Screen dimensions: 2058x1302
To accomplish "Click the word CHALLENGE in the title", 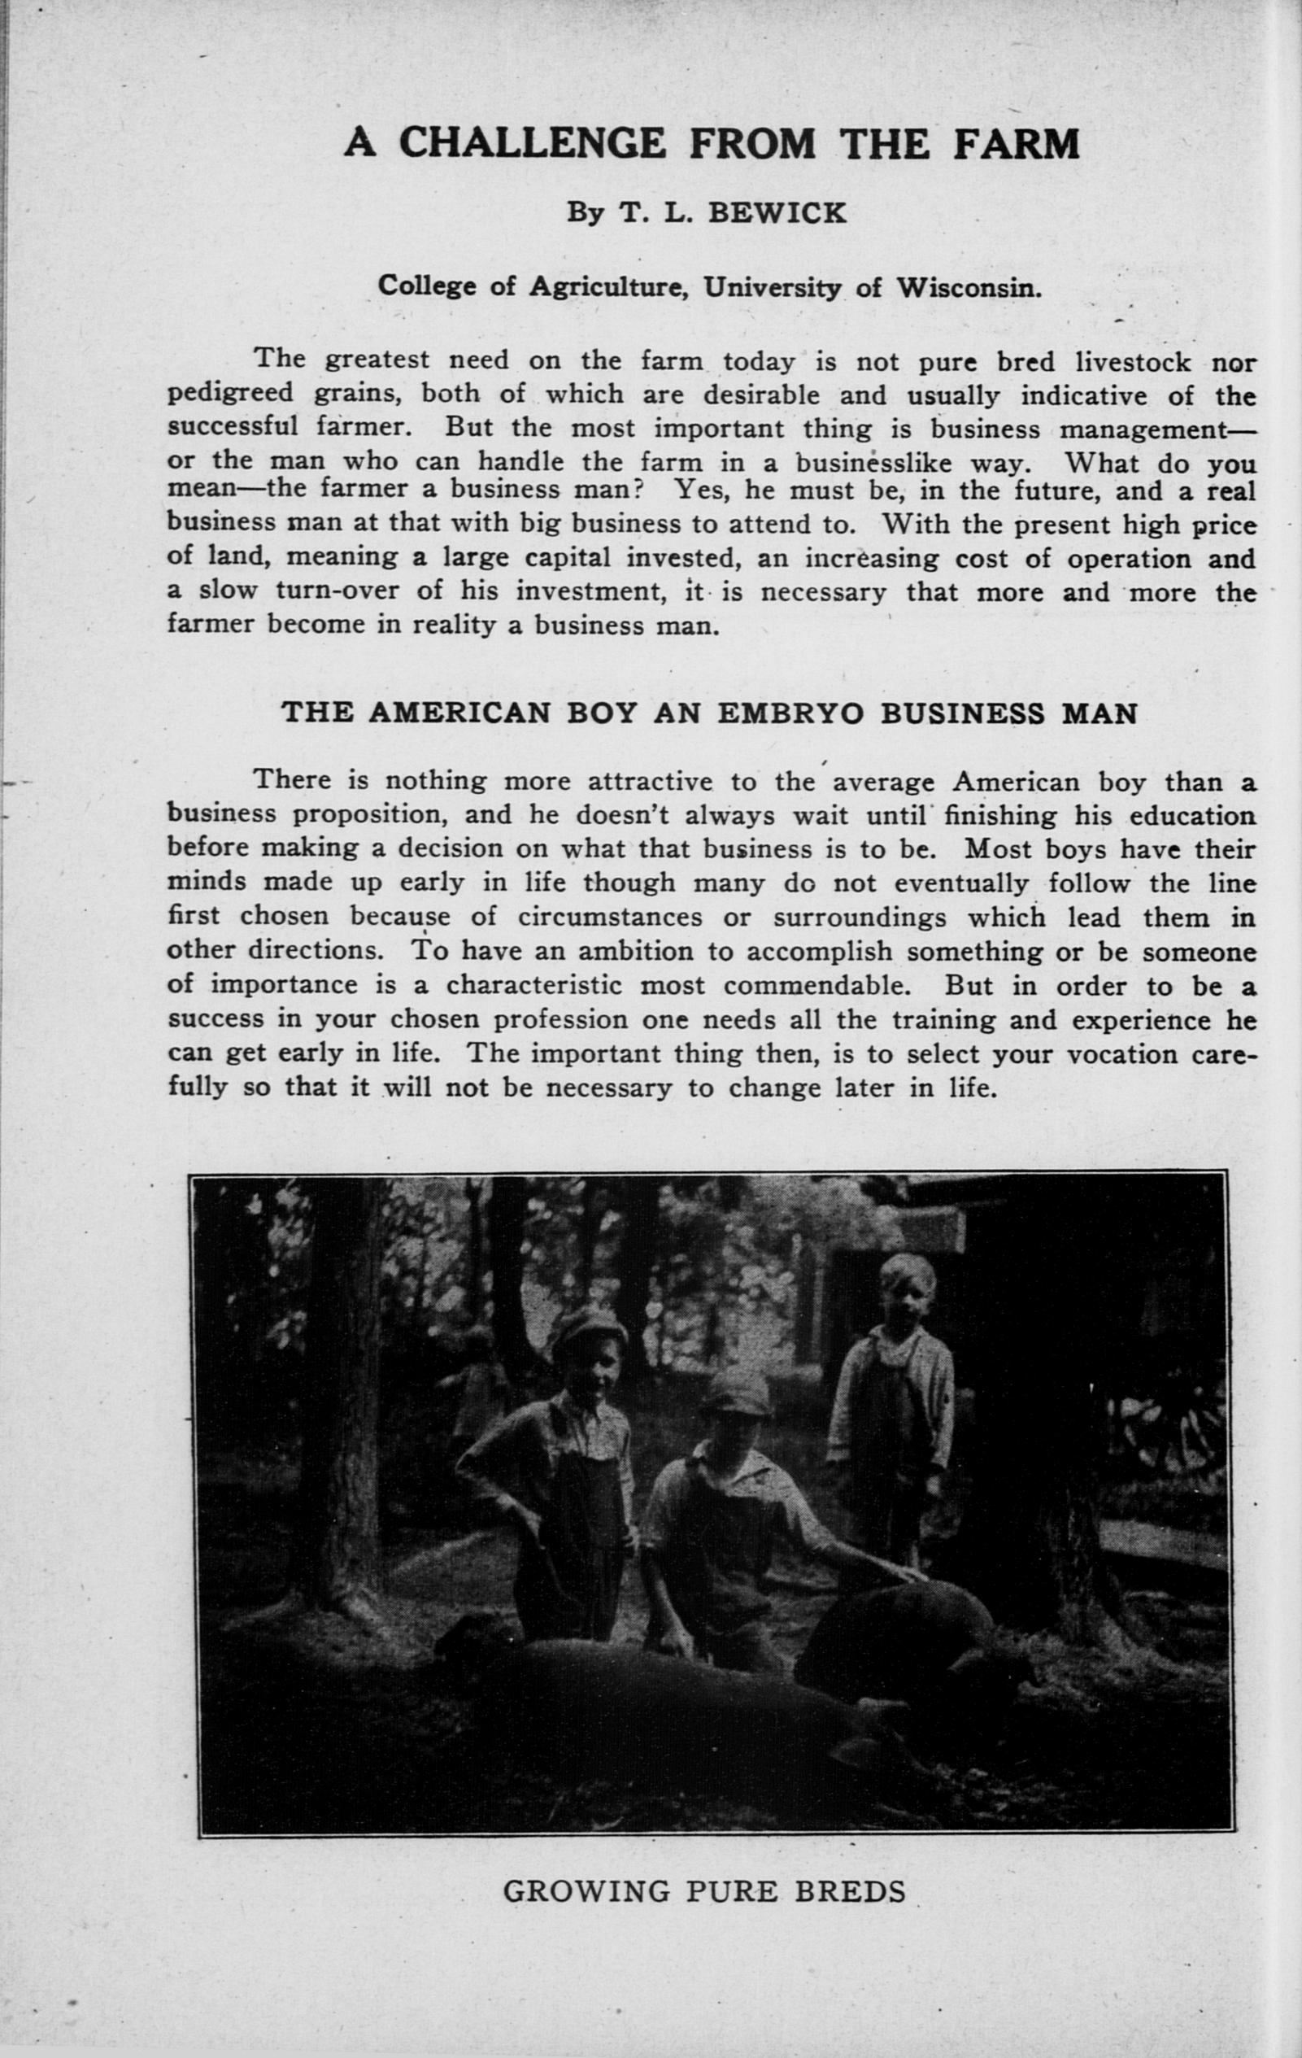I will pyautogui.click(x=531, y=142).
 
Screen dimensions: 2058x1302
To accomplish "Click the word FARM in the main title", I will pyautogui.click(x=1016, y=142).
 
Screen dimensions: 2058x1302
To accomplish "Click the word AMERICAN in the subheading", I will pyautogui.click(x=459, y=713).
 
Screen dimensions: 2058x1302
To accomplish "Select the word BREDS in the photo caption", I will pyautogui.click(x=850, y=1890).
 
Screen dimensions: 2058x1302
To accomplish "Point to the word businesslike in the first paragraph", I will pyautogui.click(x=874, y=462).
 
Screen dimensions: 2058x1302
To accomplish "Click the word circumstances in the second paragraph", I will pyautogui.click(x=610, y=917).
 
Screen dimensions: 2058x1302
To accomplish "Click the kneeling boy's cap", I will pyautogui.click(x=734, y=1394).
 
